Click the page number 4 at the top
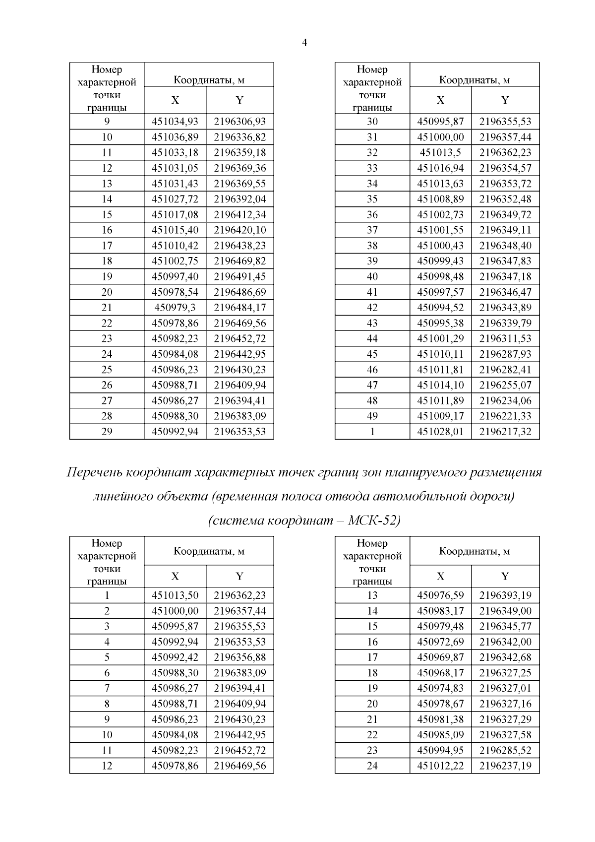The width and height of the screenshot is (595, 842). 304,43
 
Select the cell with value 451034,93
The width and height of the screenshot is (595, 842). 175,122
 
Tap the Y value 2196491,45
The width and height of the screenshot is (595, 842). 239,276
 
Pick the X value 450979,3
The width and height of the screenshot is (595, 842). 175,308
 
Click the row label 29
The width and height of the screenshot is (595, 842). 107,432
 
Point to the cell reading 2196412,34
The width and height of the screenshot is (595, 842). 239,214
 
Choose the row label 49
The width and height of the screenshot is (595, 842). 372,416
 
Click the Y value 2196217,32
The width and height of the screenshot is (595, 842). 505,432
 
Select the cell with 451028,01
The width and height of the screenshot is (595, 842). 440,432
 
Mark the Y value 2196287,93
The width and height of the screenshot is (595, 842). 505,354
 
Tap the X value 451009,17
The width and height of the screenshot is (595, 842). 440,416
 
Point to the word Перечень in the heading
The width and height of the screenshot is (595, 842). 95,472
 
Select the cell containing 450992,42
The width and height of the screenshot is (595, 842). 175,657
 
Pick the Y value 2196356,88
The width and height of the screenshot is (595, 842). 239,657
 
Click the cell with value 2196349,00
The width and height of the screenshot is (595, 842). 505,611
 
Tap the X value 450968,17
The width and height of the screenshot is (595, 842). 440,673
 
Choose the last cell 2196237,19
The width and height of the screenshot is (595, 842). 505,766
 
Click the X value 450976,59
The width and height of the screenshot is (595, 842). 440,595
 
